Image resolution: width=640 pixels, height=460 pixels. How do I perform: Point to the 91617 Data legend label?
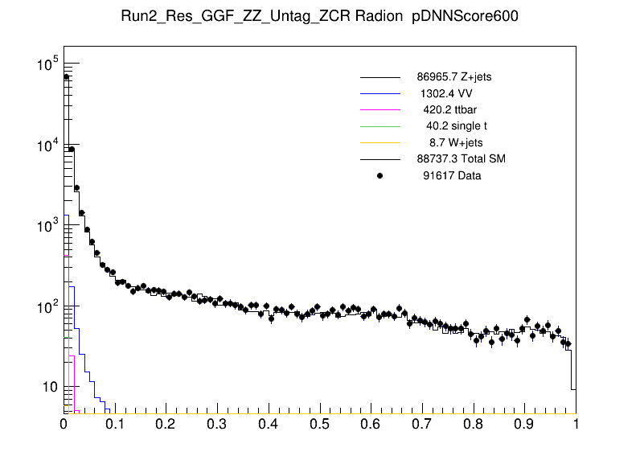(x=452, y=175)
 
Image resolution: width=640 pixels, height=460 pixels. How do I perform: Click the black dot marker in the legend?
(x=379, y=175)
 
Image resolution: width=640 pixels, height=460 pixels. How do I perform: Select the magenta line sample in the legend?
(x=379, y=110)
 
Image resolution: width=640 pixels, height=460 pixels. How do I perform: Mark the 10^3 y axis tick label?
(x=47, y=226)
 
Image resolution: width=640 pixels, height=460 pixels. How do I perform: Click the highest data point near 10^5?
(x=67, y=77)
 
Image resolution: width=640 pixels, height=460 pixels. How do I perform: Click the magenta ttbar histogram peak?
(x=71, y=355)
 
